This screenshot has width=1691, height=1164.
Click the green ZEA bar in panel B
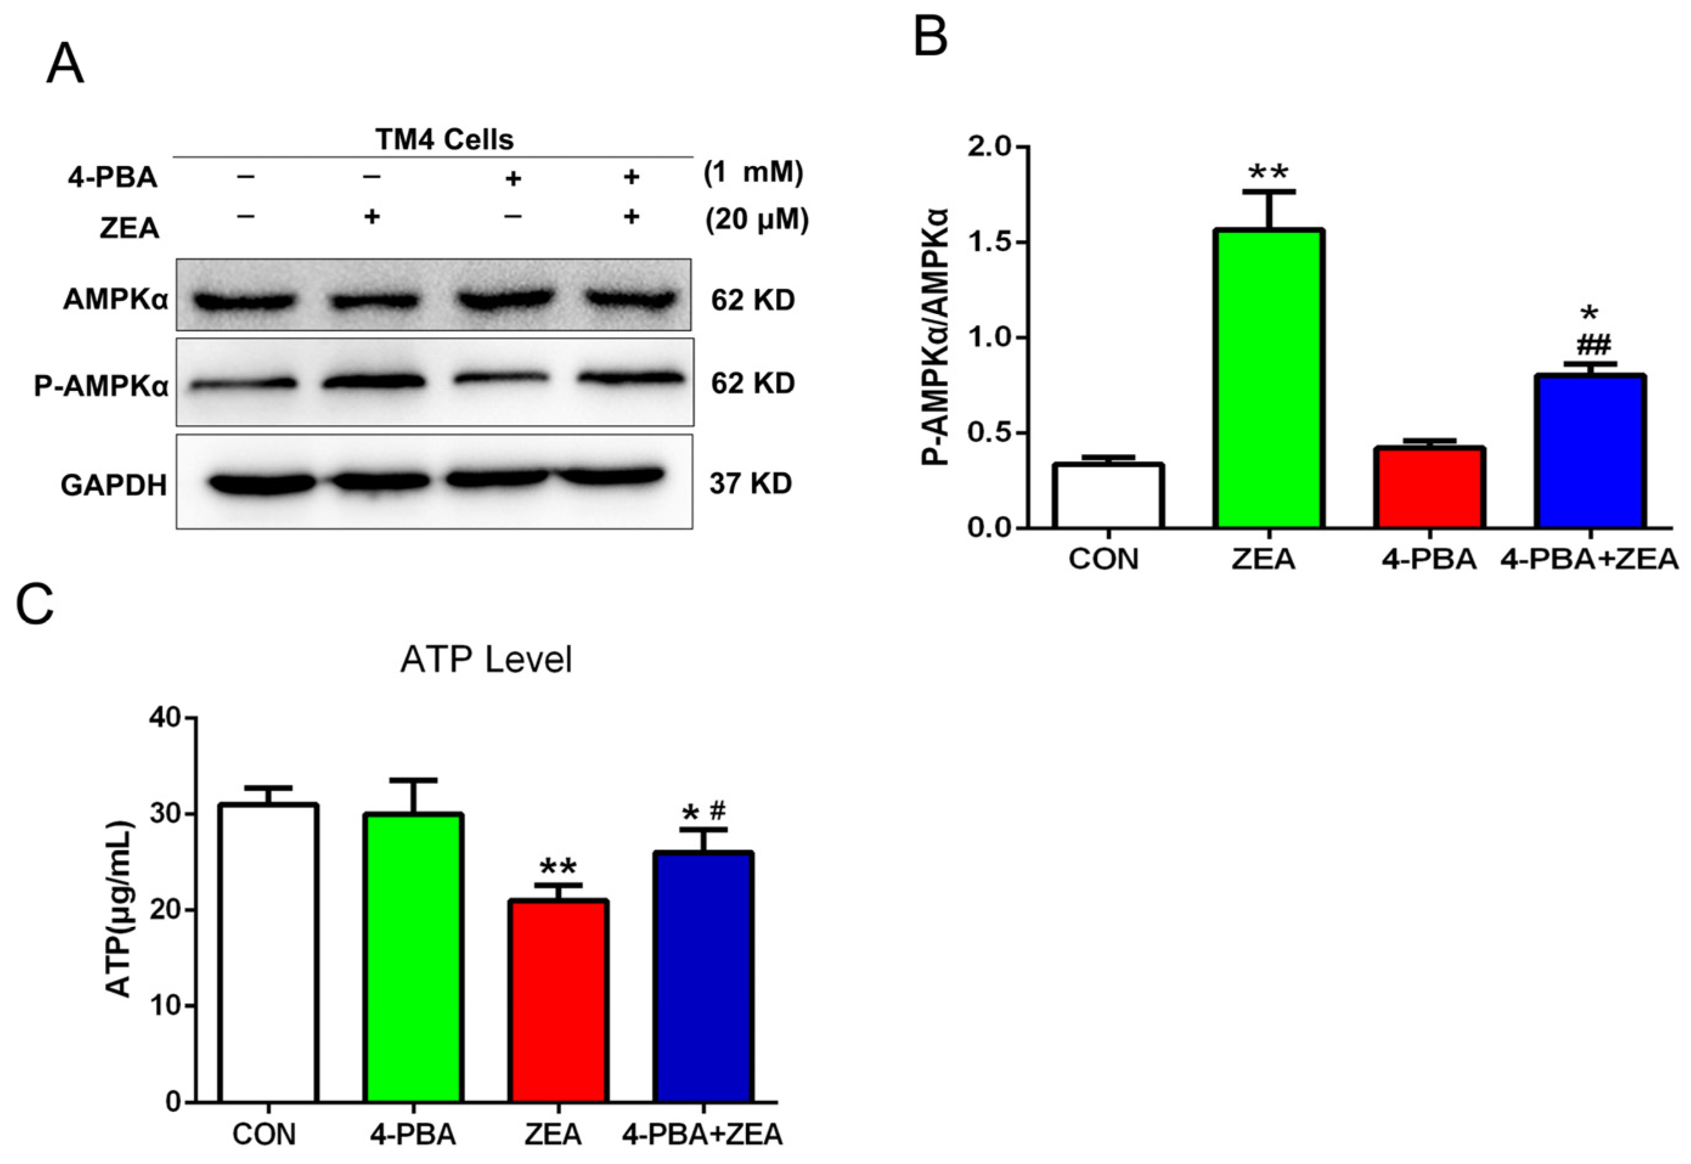[1269, 379]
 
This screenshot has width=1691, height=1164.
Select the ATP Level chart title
[486, 659]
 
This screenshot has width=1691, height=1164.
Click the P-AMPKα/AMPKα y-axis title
[935, 337]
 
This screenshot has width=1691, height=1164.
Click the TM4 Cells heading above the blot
[444, 139]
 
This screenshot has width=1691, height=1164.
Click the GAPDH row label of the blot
[114, 485]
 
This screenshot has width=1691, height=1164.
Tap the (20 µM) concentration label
[757, 219]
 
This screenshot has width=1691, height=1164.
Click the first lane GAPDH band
[261, 483]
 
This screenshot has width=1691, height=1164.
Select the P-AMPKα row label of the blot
[101, 386]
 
